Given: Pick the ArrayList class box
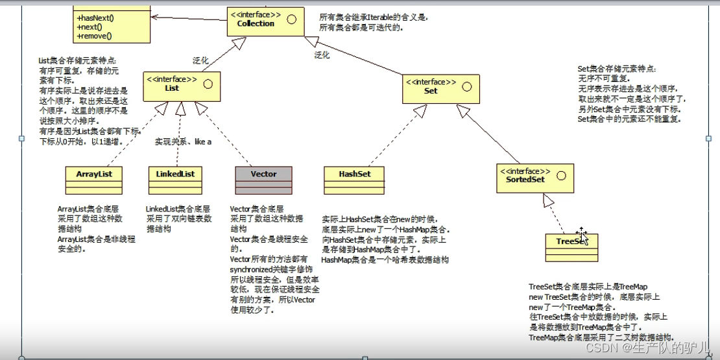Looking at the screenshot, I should (94, 180).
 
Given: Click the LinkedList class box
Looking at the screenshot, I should (175, 180).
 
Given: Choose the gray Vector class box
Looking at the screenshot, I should (263, 180).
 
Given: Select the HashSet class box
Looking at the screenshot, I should (354, 180).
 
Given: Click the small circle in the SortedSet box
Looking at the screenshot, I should (561, 174).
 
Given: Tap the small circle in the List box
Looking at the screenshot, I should (208, 84).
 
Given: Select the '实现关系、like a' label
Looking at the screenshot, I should (183, 141).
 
